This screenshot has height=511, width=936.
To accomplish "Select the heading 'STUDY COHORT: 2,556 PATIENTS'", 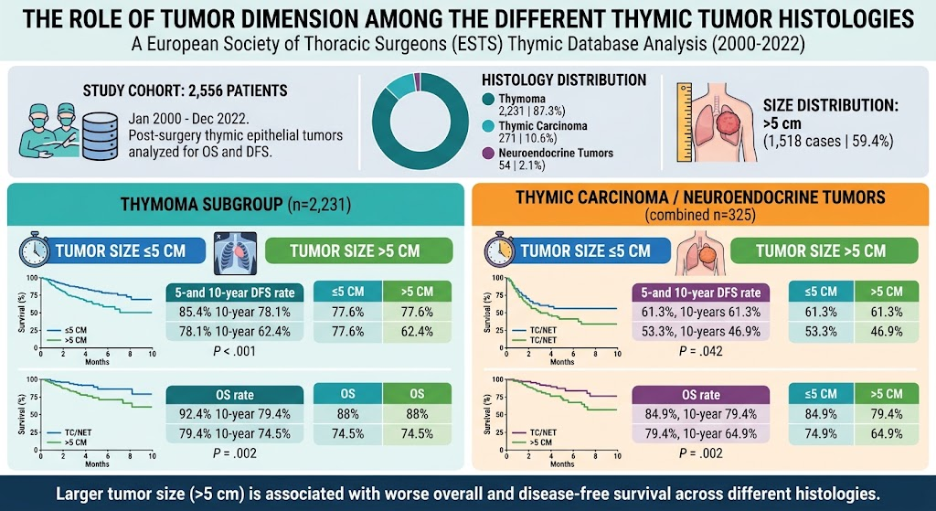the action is (x=185, y=91).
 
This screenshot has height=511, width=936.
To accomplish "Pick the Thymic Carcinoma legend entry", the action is (x=534, y=132).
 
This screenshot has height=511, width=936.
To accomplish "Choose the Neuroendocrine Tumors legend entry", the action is (x=548, y=159).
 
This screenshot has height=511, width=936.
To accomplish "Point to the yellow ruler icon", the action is (x=684, y=123).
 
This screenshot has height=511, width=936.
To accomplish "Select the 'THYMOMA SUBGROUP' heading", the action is (x=202, y=205).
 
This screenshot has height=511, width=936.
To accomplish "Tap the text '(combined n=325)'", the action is (x=699, y=215).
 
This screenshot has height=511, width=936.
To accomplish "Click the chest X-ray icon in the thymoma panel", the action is (x=235, y=253).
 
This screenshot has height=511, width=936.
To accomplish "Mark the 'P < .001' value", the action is (x=234, y=351).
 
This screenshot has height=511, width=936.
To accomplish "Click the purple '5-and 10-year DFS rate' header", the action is (x=701, y=293).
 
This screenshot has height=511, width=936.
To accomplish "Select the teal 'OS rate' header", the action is (x=234, y=395).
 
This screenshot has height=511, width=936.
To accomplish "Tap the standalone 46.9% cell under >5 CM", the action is (x=887, y=332).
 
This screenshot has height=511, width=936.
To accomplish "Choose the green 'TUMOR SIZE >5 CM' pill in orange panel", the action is (x=824, y=250).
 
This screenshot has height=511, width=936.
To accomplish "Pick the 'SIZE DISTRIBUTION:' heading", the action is (x=831, y=106).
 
